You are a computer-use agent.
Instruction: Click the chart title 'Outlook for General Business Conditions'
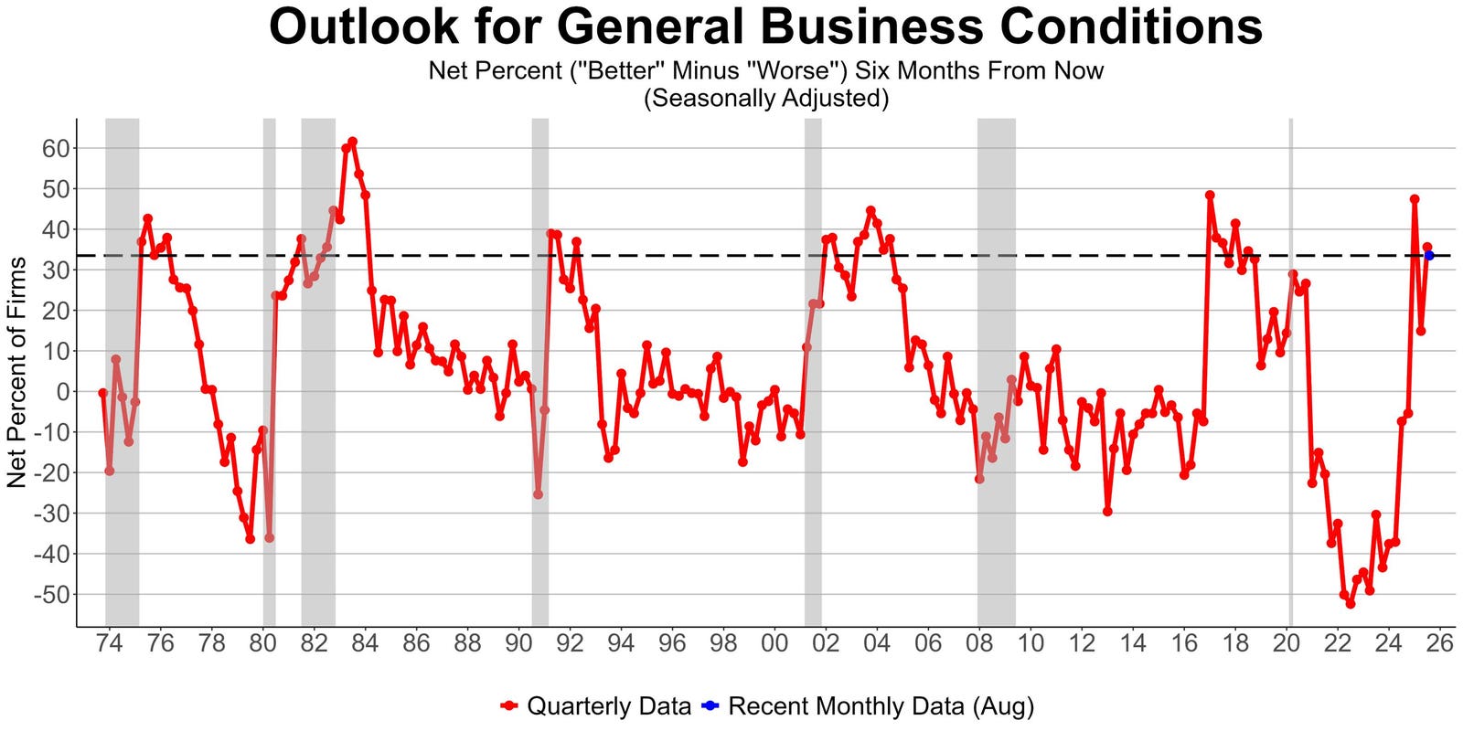click(x=765, y=27)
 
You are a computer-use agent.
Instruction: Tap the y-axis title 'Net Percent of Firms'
click(x=16, y=372)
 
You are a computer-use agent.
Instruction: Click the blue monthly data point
click(x=1429, y=255)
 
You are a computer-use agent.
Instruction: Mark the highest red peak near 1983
click(x=352, y=142)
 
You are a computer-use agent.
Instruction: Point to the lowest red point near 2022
click(x=1351, y=604)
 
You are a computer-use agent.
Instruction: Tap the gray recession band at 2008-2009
click(x=996, y=365)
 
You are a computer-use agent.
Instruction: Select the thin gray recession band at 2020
click(x=1291, y=365)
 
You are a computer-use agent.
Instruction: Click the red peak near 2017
click(x=1210, y=195)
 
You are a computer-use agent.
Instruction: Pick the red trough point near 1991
click(x=538, y=494)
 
